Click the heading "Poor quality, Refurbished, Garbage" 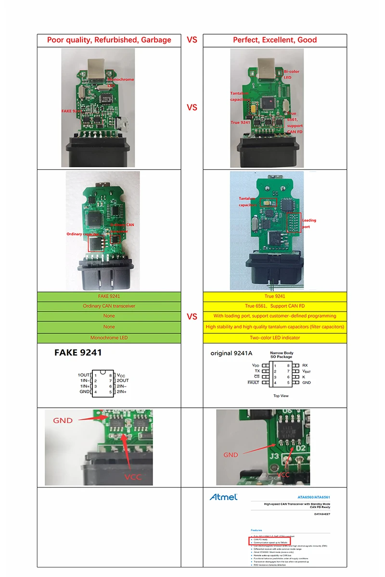pyautogui.click(x=109, y=40)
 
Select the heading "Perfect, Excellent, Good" pyautogui.click(x=275, y=40)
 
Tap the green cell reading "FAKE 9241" pyautogui.click(x=109, y=296)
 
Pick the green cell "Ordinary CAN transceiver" pyautogui.click(x=109, y=306)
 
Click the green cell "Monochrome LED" pyautogui.click(x=109, y=338)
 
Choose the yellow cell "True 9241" pyautogui.click(x=275, y=296)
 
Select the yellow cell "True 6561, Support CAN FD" pyautogui.click(x=275, y=306)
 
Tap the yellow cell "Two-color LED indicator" pyautogui.click(x=275, y=338)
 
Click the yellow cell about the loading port pyautogui.click(x=275, y=316)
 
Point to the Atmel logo pyautogui.click(x=223, y=497)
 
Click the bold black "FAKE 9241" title pyautogui.click(x=78, y=352)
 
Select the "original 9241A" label pyautogui.click(x=231, y=353)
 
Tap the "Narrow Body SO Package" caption pyautogui.click(x=281, y=355)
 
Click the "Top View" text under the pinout pyautogui.click(x=281, y=396)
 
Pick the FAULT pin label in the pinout pyautogui.click(x=253, y=382)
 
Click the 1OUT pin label pyautogui.click(x=84, y=375)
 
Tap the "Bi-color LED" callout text pyautogui.click(x=291, y=74)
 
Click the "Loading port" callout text pyautogui.click(x=309, y=223)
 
